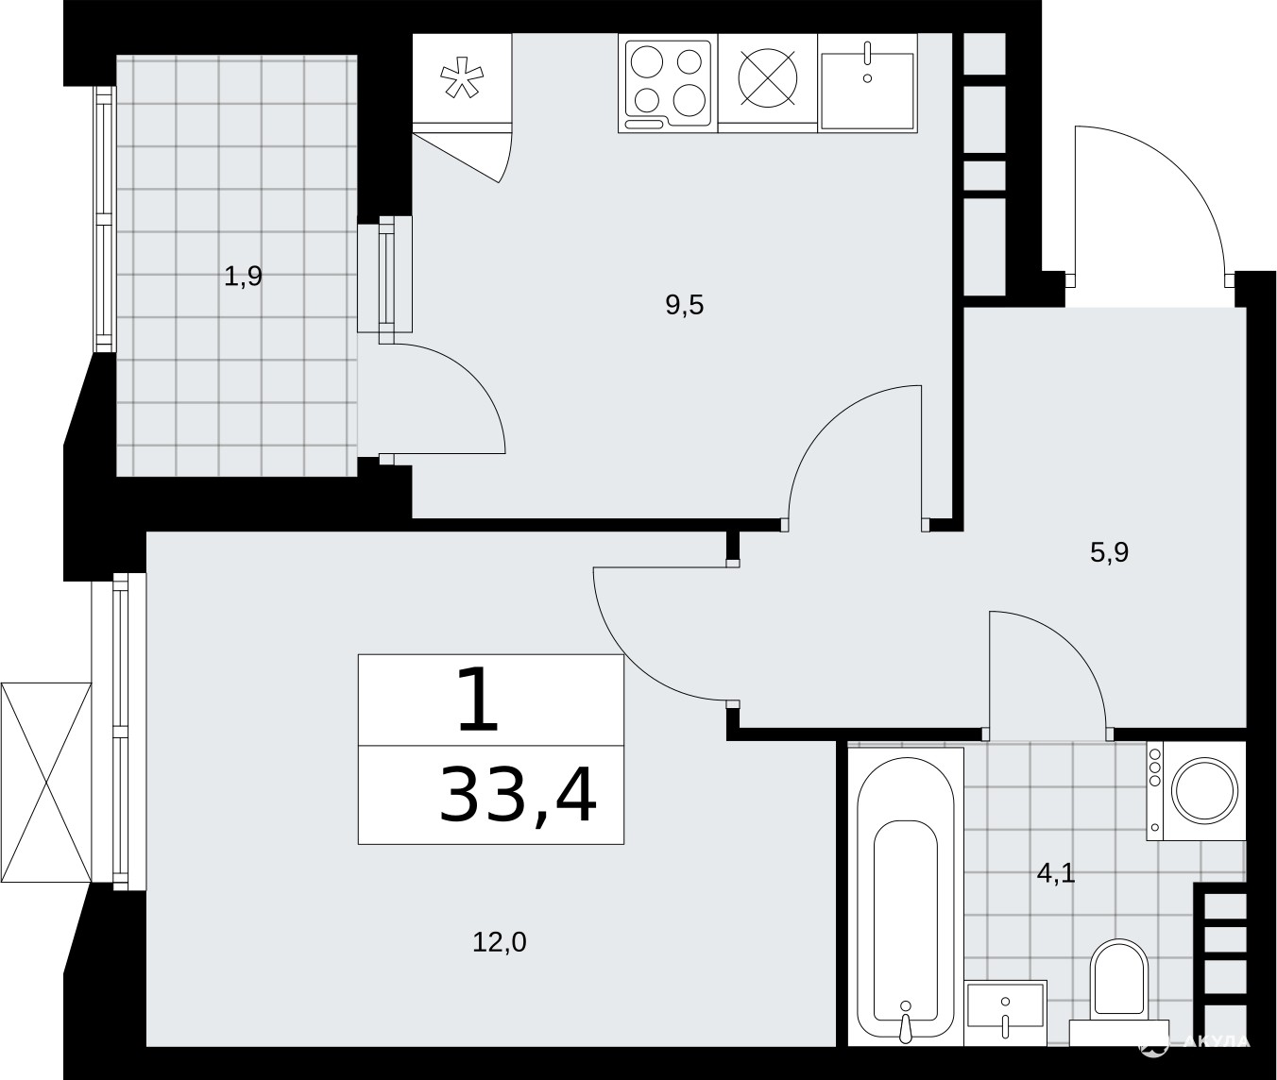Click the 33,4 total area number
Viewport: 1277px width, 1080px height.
518,794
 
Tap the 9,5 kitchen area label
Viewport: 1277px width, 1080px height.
685,306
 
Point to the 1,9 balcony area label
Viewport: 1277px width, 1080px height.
243,277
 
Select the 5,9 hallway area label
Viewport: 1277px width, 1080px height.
1109,552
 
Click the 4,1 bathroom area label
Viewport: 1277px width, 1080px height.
1056,874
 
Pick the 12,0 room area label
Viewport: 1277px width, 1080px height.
500,943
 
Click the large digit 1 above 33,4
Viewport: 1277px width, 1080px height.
479,700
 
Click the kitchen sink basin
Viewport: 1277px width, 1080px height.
867,92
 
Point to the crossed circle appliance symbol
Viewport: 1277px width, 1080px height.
767,78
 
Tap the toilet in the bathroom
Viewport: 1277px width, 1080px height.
1118,994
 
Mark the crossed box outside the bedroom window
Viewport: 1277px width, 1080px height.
45,785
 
